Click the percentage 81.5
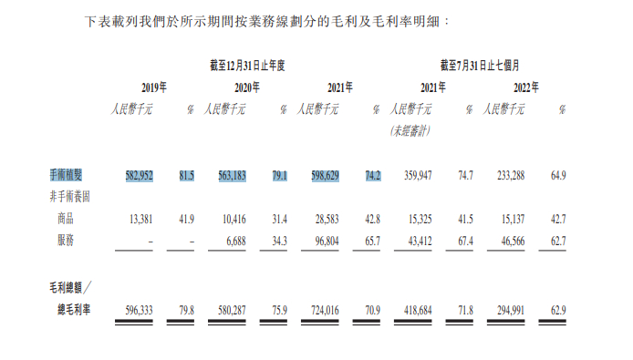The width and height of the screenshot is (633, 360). point(185,175)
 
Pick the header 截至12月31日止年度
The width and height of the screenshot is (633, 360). point(247,65)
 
